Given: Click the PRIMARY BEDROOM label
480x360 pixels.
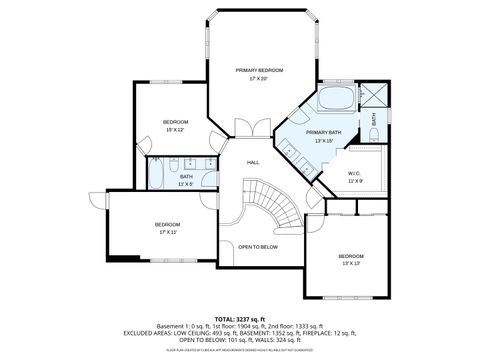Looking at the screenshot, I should [259, 69].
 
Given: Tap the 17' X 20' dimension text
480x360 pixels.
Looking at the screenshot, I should [259, 78].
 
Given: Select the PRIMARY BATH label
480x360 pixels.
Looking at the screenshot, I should [324, 132].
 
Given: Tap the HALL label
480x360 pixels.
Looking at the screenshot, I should [253, 162].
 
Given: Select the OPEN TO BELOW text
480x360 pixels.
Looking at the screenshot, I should [258, 246].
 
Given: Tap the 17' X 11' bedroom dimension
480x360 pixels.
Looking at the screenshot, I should [167, 232].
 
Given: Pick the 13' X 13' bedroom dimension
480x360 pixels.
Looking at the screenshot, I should [350, 263].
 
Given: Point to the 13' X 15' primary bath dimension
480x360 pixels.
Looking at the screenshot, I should [324, 141].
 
